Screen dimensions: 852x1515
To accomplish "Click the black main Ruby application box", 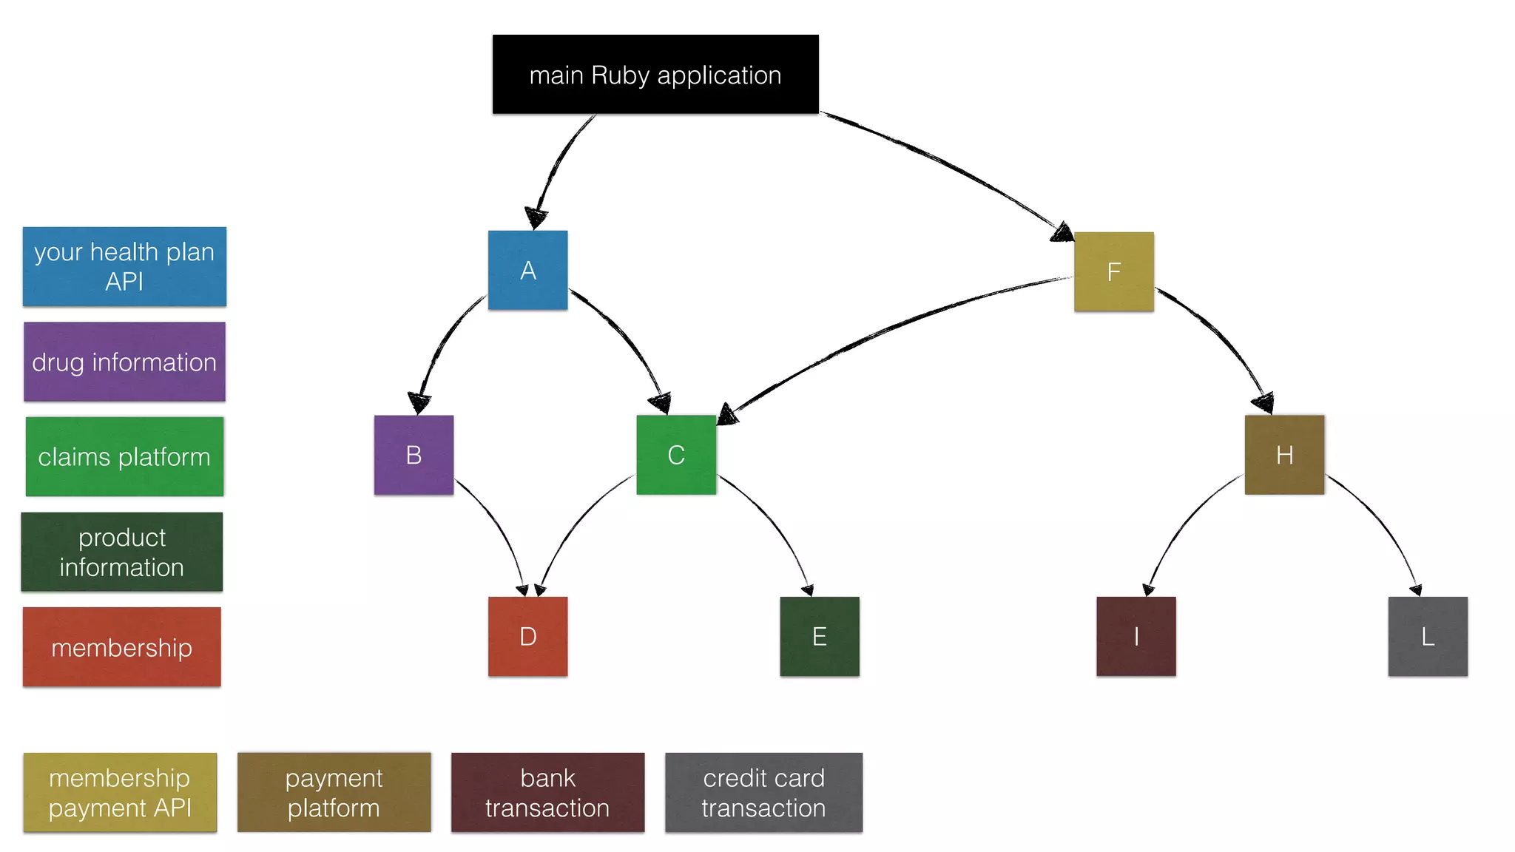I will pyautogui.click(x=655, y=74).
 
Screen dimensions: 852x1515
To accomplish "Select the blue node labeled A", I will pyautogui.click(x=527, y=270).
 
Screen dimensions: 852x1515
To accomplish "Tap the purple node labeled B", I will pyautogui.click(x=414, y=455).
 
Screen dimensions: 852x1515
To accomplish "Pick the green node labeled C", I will pyautogui.click(x=676, y=455).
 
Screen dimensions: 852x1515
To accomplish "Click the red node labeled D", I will pyautogui.click(x=527, y=636).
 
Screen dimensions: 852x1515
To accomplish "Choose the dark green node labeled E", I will pyautogui.click(x=820, y=636).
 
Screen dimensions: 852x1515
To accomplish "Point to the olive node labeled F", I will pyautogui.click(x=1113, y=271).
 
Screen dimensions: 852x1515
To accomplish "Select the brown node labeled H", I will pyautogui.click(x=1284, y=455).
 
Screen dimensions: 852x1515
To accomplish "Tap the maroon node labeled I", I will pyautogui.click(x=1136, y=636).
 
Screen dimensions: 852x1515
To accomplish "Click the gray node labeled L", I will pyautogui.click(x=1428, y=636).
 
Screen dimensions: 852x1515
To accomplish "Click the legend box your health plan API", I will pyautogui.click(x=124, y=266).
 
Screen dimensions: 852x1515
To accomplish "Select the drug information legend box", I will pyautogui.click(x=124, y=362).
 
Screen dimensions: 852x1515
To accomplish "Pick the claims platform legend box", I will pyautogui.click(x=124, y=456).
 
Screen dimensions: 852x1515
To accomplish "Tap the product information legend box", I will pyautogui.click(x=122, y=552).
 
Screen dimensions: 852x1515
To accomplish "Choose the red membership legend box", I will pyautogui.click(x=122, y=647).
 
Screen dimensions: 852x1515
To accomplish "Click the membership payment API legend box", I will pyautogui.click(x=120, y=792).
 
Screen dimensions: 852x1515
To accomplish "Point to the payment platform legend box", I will pyautogui.click(x=334, y=792).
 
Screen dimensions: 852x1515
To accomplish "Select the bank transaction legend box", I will pyautogui.click(x=547, y=792).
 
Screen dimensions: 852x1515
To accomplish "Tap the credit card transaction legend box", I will pyautogui.click(x=763, y=792).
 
